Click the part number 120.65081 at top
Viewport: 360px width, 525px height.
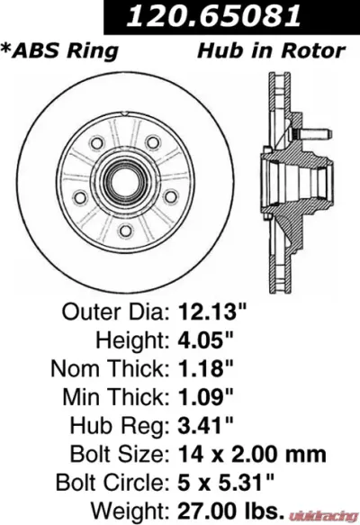tap(233, 16)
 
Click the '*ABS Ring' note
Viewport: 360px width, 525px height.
tap(61, 50)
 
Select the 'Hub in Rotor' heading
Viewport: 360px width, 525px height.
tap(271, 50)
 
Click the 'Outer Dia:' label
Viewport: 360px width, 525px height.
tap(115, 312)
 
